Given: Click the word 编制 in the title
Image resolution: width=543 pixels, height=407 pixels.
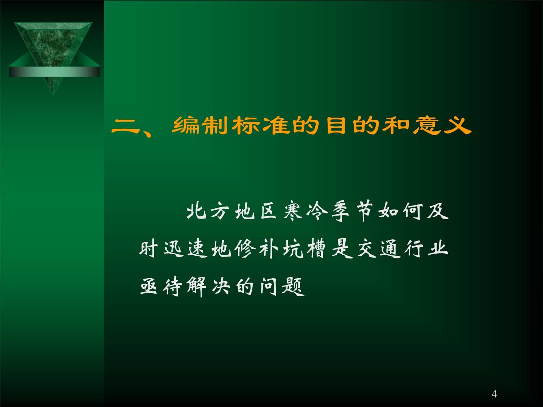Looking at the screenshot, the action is click(199, 125).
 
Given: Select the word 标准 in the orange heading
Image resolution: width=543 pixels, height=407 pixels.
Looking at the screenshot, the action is click(261, 125).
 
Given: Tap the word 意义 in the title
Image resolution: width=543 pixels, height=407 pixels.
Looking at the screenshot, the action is click(442, 125).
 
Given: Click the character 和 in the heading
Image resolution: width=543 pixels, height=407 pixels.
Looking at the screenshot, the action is click(396, 125).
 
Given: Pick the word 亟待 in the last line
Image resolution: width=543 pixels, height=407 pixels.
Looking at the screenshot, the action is click(161, 286).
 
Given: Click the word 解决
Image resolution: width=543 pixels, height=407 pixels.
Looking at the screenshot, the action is click(208, 286).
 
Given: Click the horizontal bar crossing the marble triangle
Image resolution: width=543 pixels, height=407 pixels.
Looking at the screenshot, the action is click(54, 72).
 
